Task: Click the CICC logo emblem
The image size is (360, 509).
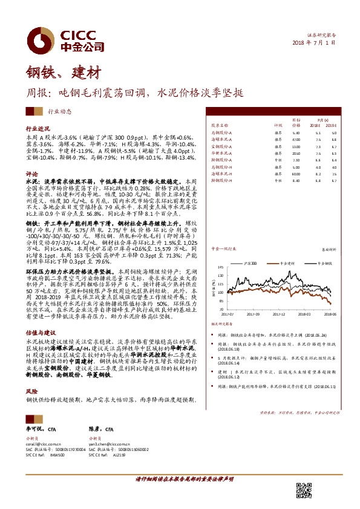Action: (x=39, y=36)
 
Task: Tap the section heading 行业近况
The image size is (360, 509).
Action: (x=36, y=129)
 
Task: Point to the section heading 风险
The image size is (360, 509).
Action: (x=31, y=374)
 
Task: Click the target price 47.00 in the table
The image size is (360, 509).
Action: (x=296, y=138)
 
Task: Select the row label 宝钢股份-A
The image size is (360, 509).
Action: (x=223, y=146)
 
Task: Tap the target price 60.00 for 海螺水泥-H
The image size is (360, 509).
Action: (x=296, y=173)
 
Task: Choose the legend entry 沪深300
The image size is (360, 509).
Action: (x=251, y=263)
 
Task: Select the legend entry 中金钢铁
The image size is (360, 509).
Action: (x=321, y=263)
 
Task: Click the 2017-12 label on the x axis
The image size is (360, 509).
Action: (x=280, y=314)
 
